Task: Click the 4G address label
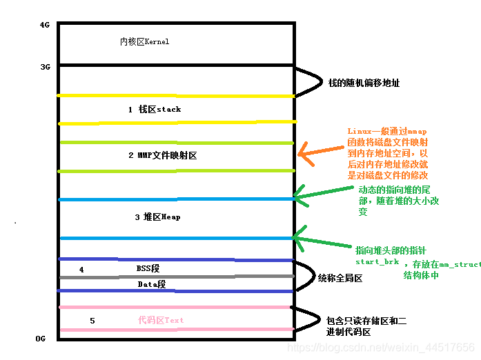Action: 45,25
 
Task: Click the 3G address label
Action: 45,67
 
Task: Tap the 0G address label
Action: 41,339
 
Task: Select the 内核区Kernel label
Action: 144,42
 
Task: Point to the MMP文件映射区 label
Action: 162,156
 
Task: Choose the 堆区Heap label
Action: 157,217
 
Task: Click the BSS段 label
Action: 148,268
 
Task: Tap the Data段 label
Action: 152,284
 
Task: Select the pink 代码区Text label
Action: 161,320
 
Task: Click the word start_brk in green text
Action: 377,263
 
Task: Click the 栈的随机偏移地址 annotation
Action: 364,83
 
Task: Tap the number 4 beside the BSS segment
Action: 81,270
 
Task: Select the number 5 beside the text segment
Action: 92,321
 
